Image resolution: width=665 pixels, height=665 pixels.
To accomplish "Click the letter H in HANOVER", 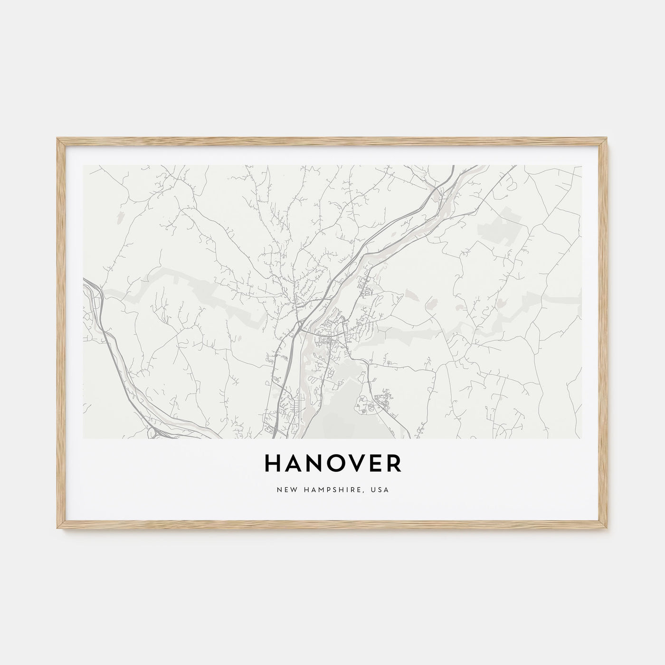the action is tap(273, 464).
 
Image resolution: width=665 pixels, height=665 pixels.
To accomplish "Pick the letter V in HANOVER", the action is tap(354, 464).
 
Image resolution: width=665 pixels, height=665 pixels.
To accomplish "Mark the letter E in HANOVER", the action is tap(373, 464).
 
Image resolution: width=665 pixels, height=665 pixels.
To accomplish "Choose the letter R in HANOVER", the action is tap(392, 464).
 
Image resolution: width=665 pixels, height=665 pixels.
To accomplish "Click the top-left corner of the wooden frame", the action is tap(57, 139).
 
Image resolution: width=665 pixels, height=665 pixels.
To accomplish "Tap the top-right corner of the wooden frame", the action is tap(608, 139).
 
